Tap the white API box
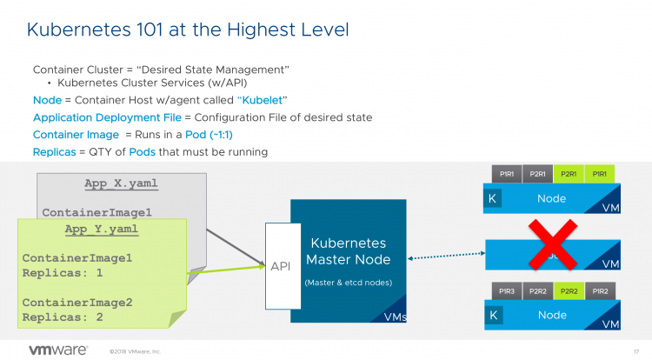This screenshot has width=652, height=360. [280, 266]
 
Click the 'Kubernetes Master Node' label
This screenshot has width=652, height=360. [348, 251]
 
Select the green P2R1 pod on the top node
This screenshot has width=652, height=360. [569, 174]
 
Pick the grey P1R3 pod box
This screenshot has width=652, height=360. [505, 290]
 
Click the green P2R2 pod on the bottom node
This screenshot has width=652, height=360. [569, 290]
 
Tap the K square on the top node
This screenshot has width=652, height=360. [494, 199]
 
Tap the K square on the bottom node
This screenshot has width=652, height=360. [494, 315]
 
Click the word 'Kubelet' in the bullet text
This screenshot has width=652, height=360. [262, 100]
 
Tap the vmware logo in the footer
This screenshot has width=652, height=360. [58, 350]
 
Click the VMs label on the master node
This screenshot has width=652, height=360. [395, 317]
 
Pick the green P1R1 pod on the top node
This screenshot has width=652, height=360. [600, 174]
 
